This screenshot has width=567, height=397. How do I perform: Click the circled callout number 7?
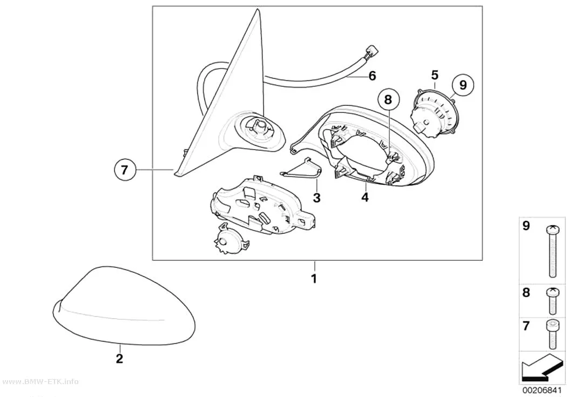[x=124, y=170]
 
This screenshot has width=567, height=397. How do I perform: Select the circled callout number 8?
[x=388, y=99]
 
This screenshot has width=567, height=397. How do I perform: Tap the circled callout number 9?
[x=463, y=85]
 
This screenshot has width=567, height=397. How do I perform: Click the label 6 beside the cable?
[x=372, y=76]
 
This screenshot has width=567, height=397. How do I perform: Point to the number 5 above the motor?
[x=435, y=75]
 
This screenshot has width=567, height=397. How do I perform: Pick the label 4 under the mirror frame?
[x=365, y=197]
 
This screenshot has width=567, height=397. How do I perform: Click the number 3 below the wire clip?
[x=316, y=198]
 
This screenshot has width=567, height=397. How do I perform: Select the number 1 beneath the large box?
[x=314, y=278]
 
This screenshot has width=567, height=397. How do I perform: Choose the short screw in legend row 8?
[x=552, y=301]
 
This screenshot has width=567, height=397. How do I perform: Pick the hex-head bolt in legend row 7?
[x=552, y=335]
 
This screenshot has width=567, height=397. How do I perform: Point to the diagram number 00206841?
[x=542, y=391]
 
